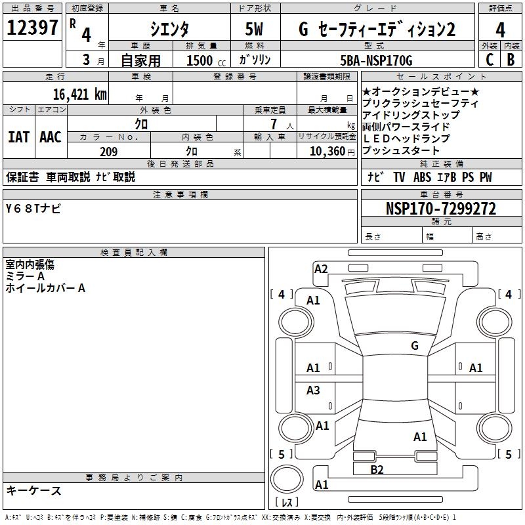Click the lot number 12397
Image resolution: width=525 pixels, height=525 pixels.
click(33, 28)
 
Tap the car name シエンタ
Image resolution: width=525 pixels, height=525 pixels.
click(170, 30)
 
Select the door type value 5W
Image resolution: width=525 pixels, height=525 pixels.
click(255, 30)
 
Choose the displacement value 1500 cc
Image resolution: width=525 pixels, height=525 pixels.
click(200, 60)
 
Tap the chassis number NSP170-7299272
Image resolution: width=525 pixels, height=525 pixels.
click(440, 209)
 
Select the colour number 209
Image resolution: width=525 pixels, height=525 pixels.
click(108, 152)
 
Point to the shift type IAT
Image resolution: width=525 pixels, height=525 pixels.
click(18, 137)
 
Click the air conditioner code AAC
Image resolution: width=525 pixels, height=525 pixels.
click(51, 137)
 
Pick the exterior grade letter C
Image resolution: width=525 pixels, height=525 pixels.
click(489, 59)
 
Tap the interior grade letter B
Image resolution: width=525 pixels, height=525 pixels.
click(511, 59)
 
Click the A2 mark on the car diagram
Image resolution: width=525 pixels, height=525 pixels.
click(321, 268)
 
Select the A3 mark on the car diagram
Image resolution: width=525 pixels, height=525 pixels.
click(314, 390)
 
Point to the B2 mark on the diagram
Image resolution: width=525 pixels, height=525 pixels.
click(377, 469)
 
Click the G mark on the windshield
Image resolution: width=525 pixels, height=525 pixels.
click(414, 345)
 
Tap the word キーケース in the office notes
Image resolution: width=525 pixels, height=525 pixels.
click(33, 490)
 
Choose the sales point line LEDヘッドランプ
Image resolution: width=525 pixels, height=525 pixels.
click(406, 138)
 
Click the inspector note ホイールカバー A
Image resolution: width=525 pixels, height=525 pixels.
click(45, 287)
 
